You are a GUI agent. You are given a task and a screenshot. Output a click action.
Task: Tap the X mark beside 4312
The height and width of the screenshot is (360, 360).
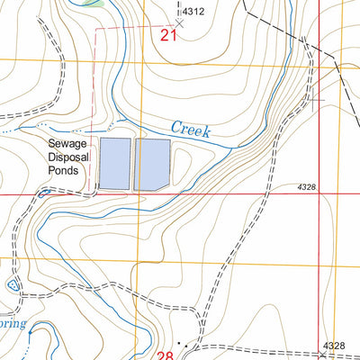[x=179, y=24]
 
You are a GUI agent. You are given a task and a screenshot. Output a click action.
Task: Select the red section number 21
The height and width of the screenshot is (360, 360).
[x=168, y=36]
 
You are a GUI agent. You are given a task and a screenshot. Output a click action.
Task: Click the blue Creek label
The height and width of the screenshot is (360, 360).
[x=190, y=130]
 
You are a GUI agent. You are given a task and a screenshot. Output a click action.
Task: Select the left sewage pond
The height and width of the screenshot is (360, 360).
[x=114, y=164]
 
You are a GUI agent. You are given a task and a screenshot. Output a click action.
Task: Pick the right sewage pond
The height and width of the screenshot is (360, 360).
[x=151, y=164]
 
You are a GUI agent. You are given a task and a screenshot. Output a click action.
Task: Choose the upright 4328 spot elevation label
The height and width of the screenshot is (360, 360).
[x=334, y=346]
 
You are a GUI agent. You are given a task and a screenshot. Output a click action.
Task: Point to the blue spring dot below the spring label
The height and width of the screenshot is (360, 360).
[x=30, y=331]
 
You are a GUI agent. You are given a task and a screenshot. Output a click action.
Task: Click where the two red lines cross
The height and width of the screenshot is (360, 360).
[x=320, y=193]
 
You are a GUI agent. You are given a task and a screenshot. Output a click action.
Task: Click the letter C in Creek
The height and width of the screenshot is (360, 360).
[x=175, y=127]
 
